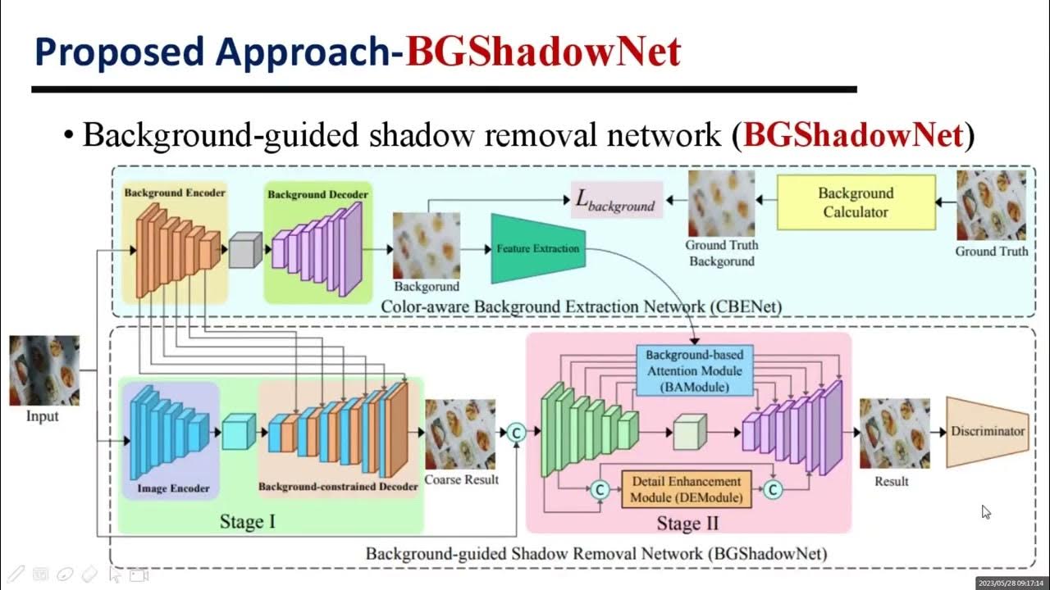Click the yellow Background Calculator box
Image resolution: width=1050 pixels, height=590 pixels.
(x=855, y=202)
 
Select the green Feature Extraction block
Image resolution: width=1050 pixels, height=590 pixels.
(x=538, y=249)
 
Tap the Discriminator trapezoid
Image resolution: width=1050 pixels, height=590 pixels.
(x=987, y=432)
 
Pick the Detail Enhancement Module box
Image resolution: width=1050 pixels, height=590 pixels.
(x=686, y=489)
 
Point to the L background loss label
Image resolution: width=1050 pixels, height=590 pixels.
(x=616, y=201)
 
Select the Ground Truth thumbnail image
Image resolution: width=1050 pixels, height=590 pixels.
(x=991, y=206)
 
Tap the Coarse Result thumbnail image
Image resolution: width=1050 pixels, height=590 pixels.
(x=460, y=434)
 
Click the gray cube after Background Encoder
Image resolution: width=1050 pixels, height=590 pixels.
(x=244, y=250)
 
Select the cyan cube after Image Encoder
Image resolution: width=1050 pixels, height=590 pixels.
(x=239, y=432)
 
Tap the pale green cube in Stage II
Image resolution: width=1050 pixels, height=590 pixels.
(x=689, y=432)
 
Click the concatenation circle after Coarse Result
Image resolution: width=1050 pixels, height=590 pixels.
(x=516, y=432)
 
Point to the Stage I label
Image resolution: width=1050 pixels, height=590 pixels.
(x=247, y=521)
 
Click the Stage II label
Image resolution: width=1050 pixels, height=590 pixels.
(x=687, y=522)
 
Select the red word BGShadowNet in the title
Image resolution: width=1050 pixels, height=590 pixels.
(x=543, y=52)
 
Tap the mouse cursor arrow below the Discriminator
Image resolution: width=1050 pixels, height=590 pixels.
(x=985, y=511)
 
